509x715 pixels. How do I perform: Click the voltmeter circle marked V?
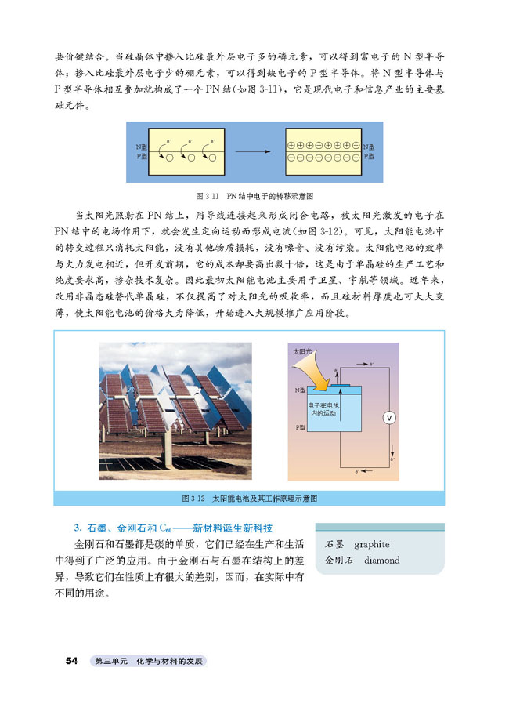click(x=387, y=418)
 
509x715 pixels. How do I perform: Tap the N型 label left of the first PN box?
click(x=141, y=147)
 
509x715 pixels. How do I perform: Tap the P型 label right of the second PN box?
click(x=369, y=157)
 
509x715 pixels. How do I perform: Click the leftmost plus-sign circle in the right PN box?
click(x=291, y=147)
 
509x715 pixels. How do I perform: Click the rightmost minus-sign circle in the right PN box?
click(x=355, y=158)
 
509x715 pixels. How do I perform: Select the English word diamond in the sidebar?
click(x=377, y=561)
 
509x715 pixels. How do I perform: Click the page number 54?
click(x=71, y=661)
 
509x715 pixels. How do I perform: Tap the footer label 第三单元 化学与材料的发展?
click(x=148, y=662)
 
